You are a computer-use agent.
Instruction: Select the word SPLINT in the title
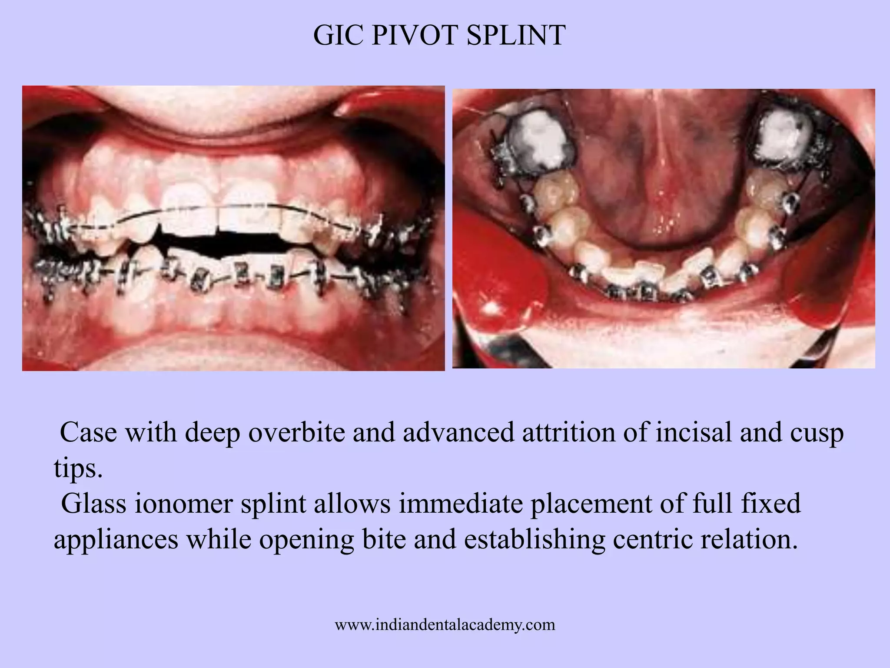coord(516,35)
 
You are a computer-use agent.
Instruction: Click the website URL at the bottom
coord(445,625)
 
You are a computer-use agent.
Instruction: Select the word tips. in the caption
coord(78,468)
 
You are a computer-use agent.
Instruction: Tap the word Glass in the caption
coord(93,504)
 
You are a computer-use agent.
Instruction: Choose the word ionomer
coord(183,504)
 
